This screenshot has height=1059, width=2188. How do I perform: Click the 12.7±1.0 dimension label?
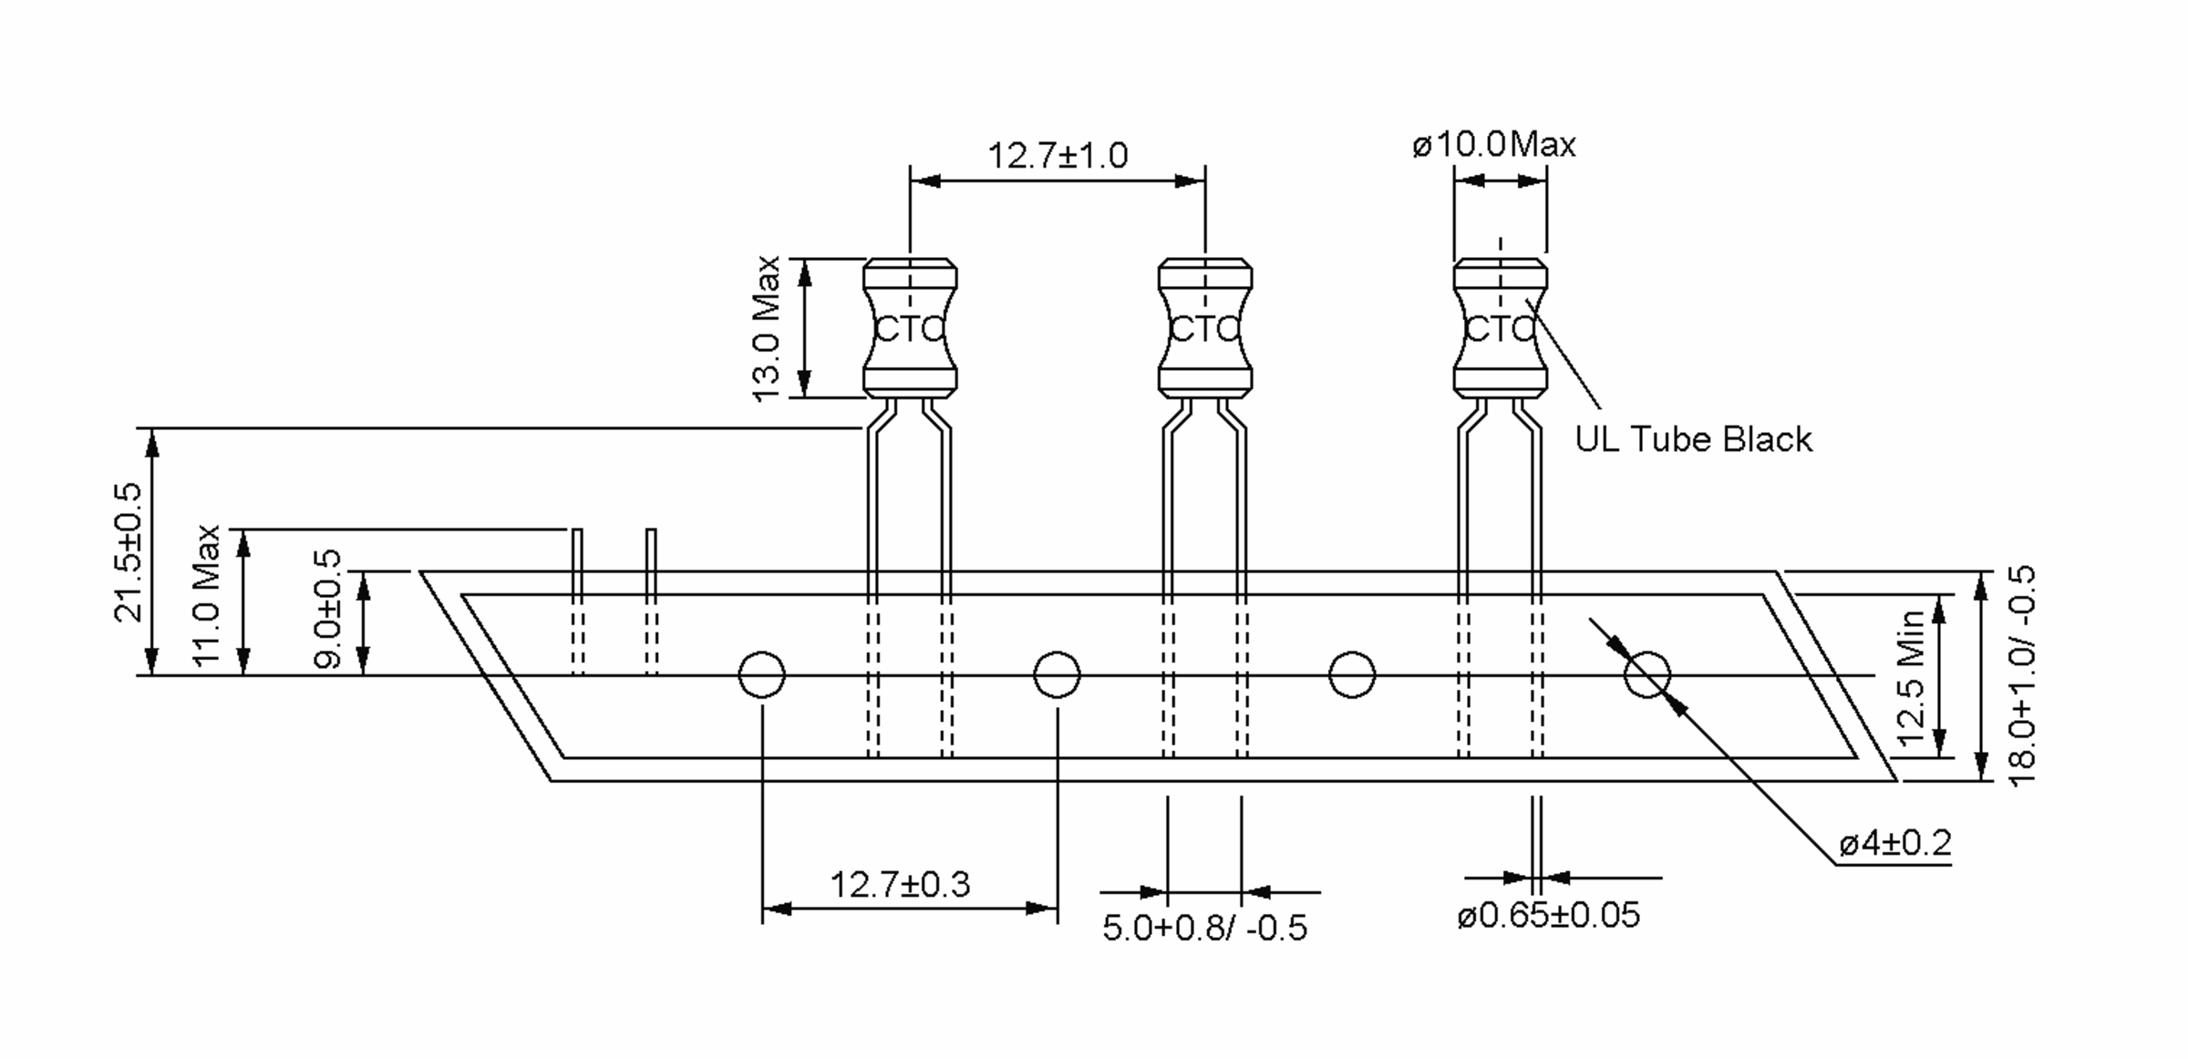[x=1058, y=156]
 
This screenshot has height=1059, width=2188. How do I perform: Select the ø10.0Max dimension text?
[x=1493, y=145]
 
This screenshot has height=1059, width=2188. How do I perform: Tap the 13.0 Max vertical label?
[x=767, y=328]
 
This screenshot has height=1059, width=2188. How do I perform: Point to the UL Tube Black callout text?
[x=1693, y=440]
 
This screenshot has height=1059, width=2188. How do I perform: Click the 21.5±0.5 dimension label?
[x=129, y=552]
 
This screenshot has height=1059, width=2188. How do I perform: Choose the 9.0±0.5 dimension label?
[x=328, y=608]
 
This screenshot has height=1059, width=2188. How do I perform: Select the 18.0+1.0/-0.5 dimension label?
[x=2021, y=675]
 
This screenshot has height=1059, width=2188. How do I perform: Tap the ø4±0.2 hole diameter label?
[x=1894, y=844]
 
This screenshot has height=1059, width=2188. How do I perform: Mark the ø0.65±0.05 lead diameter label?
[x=1548, y=915]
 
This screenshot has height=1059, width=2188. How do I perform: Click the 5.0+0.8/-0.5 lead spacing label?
[x=1204, y=928]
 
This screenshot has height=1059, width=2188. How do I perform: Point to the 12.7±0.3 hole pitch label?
[x=900, y=884]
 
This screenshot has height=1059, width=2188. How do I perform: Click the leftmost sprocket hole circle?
[x=761, y=675]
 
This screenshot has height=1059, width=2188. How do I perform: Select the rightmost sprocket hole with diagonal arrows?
[x=1646, y=675]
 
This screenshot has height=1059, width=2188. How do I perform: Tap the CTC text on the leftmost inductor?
[x=910, y=329]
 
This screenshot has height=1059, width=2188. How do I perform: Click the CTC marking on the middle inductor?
[x=1204, y=329]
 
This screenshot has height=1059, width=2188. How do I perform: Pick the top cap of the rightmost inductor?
[x=1500, y=272]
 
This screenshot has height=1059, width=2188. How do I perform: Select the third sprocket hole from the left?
[x=1351, y=675]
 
